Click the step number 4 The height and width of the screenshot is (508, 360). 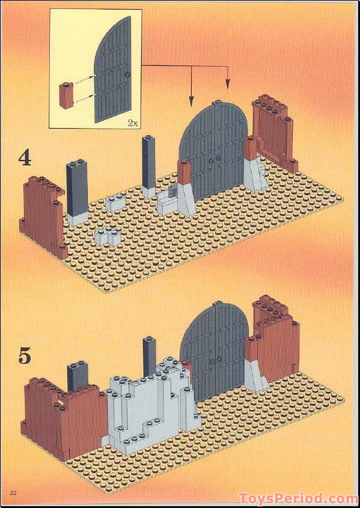click(x=25, y=158)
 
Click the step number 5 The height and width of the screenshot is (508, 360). click(x=25, y=356)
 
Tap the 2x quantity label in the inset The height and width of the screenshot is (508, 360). click(x=132, y=123)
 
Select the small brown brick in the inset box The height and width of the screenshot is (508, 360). click(x=65, y=95)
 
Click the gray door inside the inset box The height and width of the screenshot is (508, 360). click(x=112, y=70)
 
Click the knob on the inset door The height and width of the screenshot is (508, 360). click(x=129, y=75)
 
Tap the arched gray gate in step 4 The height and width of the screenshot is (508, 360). click(x=214, y=151)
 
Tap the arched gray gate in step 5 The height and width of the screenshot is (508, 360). click(x=215, y=352)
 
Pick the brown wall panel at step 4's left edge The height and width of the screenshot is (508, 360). click(x=43, y=217)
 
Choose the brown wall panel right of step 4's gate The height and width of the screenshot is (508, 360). click(x=275, y=133)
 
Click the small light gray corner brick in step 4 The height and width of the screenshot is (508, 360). click(x=108, y=237)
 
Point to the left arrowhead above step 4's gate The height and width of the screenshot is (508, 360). click(x=191, y=102)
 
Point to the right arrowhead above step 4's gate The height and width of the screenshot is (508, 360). click(x=228, y=84)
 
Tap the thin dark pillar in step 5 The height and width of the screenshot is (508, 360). click(x=150, y=357)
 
